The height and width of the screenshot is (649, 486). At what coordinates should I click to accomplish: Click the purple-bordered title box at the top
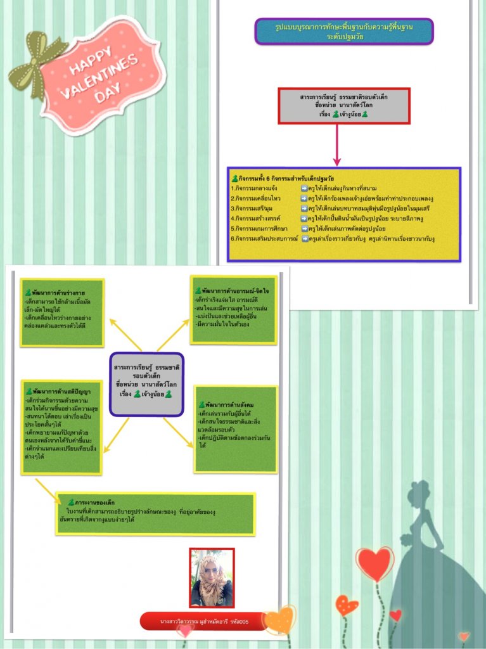click(x=343, y=32)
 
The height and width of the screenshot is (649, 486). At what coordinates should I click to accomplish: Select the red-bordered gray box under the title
click(x=344, y=105)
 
